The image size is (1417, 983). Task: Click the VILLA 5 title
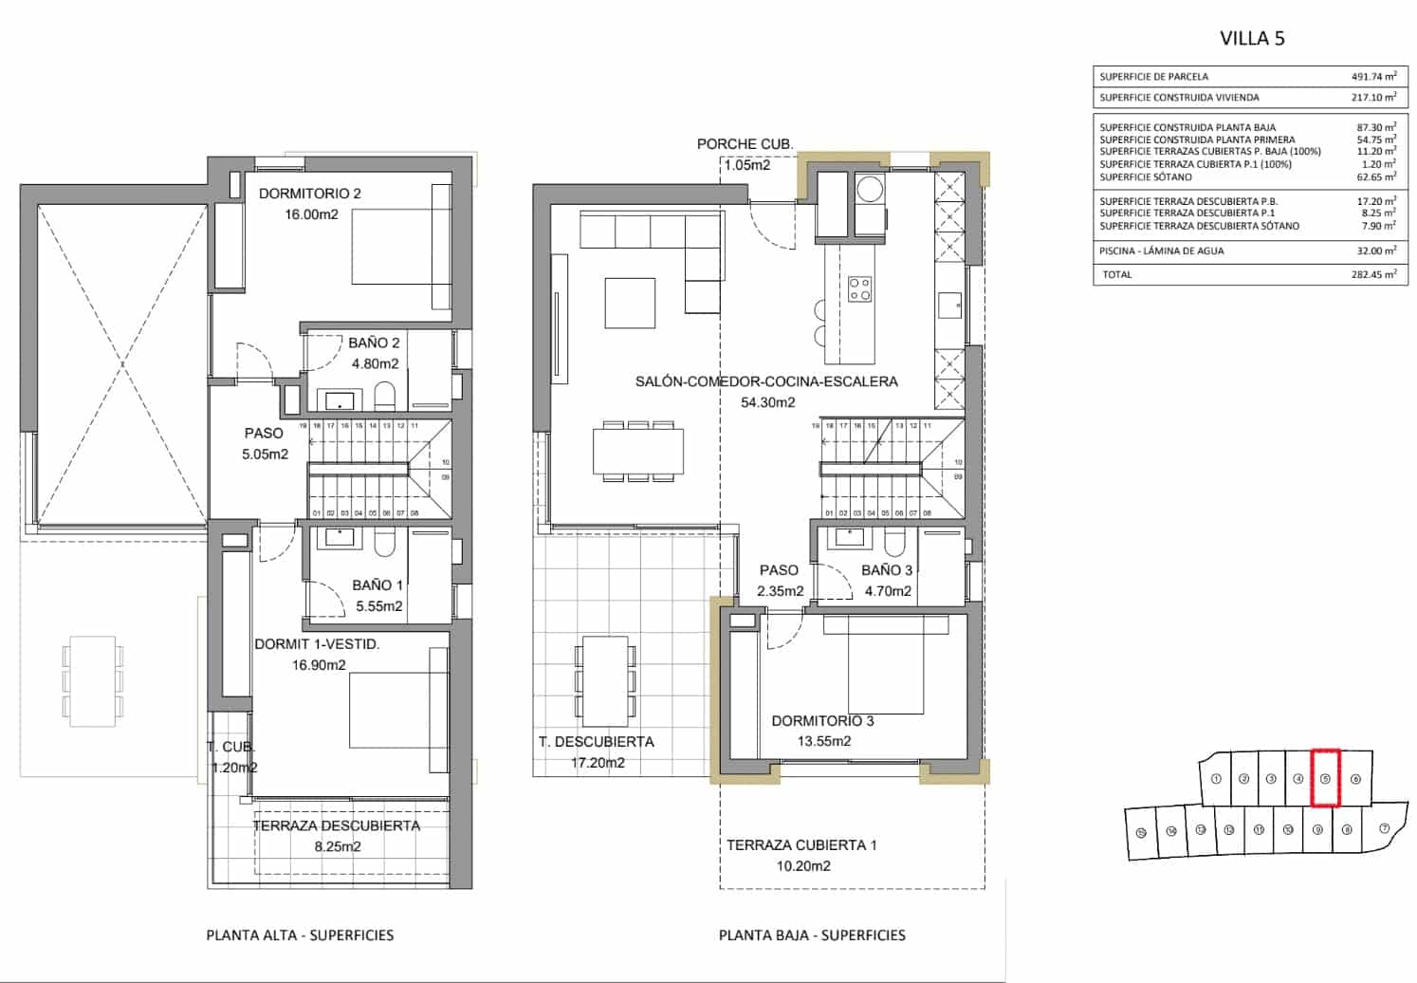(1252, 38)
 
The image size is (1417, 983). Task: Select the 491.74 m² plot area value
(1373, 77)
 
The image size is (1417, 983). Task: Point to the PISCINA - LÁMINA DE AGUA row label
(1161, 251)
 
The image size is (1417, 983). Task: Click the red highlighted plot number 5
(1325, 779)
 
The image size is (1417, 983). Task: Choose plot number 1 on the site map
(1216, 779)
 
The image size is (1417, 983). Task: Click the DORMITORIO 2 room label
(310, 194)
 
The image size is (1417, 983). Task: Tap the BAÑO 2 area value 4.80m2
(375, 363)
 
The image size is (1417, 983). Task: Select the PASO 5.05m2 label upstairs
(265, 444)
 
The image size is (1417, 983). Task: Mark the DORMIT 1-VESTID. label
(317, 644)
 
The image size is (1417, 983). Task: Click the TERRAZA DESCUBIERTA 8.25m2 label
(337, 836)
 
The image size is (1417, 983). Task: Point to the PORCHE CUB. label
(745, 144)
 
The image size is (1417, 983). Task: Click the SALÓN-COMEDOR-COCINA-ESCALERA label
(766, 381)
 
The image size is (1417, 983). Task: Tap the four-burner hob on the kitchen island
(859, 288)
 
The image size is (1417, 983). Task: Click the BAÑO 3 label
(887, 570)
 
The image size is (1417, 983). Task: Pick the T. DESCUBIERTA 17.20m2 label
(597, 751)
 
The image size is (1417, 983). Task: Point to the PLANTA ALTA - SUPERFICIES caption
(300, 936)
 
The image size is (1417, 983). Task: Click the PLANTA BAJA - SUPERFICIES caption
(812, 936)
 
